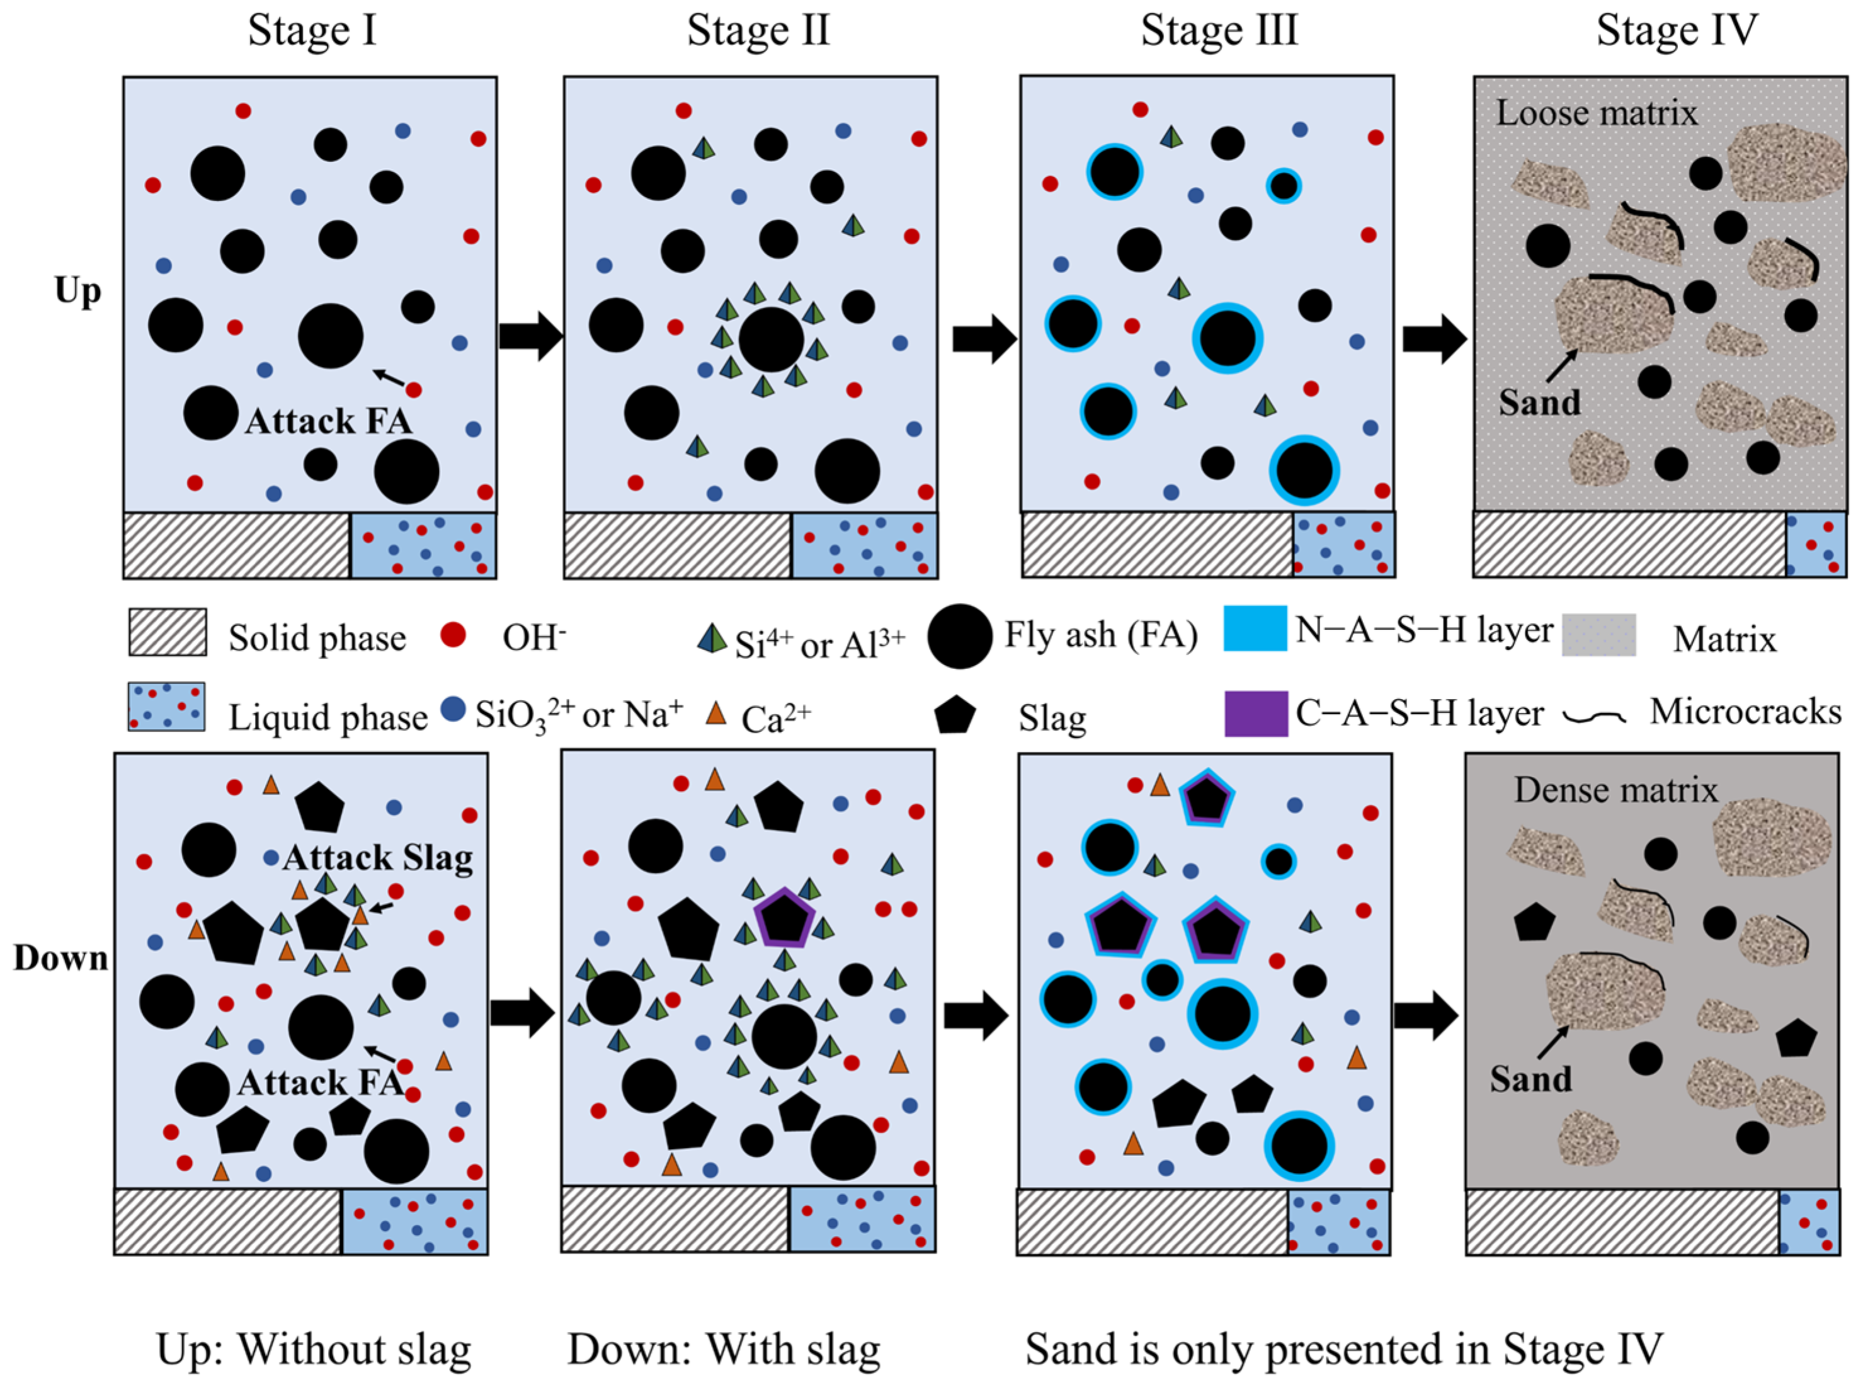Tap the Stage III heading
[x=1219, y=30]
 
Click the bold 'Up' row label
[x=77, y=291]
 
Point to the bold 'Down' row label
[x=60, y=959]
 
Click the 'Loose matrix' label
[x=1596, y=113]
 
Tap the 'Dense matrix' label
[x=1615, y=790]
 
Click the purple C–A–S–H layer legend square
[x=1255, y=714]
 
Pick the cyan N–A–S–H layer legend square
[x=1255, y=629]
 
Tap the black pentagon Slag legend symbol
[x=955, y=715]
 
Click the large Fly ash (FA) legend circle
[x=959, y=636]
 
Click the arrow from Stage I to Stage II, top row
[x=530, y=335]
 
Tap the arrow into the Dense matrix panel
[x=1425, y=1015]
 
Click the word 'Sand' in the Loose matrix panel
[x=1539, y=403]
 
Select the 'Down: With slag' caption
[x=724, y=1350]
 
